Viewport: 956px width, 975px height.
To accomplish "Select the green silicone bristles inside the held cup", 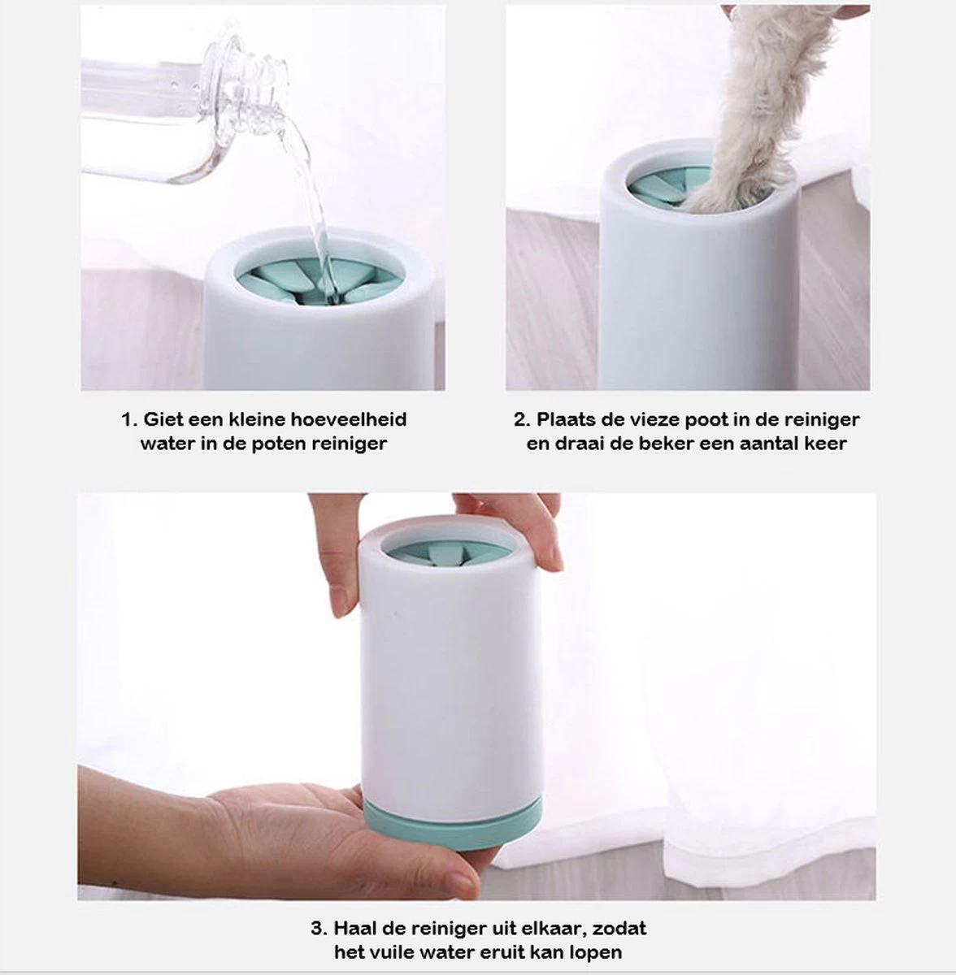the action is pos(448,555).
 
